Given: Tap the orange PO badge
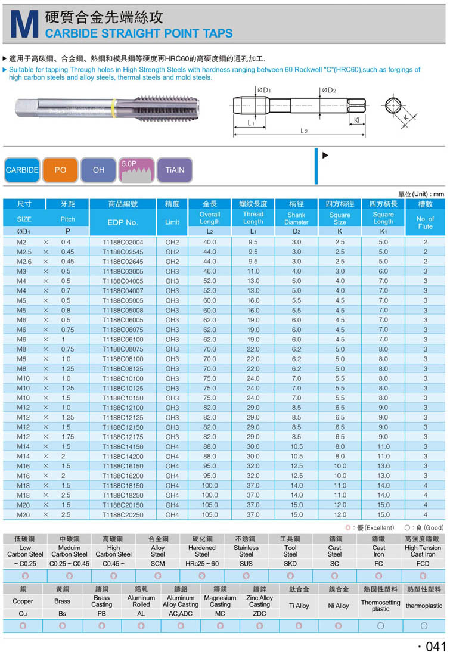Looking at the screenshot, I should click(60, 170).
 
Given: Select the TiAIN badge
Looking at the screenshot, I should click(175, 170).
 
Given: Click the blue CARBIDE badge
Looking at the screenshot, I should click(22, 170).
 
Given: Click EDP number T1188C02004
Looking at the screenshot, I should click(123, 242).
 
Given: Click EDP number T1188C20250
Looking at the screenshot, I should click(123, 514).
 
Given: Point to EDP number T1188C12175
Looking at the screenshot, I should click(123, 437).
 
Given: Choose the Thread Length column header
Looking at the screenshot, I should click(253, 218).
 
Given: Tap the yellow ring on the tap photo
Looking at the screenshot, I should click(113, 107).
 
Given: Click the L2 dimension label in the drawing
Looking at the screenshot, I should click(303, 131).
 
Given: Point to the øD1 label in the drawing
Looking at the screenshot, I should click(263, 91).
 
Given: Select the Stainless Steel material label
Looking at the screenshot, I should click(246, 551).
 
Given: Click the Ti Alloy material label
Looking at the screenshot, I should click(299, 606).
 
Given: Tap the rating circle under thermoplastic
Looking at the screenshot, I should click(424, 626).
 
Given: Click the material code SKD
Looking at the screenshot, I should click(290, 563).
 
